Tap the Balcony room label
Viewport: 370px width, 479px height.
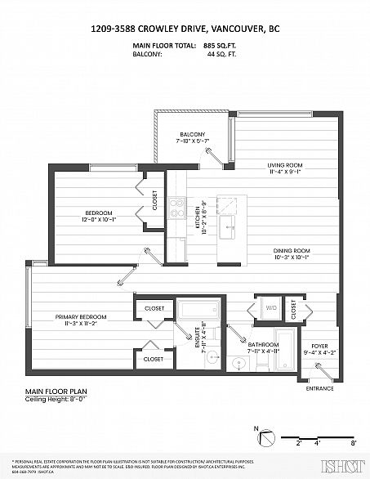pyautogui.click(x=192, y=135)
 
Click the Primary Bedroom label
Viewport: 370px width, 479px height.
pyautogui.click(x=80, y=316)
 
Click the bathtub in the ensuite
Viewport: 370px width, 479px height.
pyautogui.click(x=197, y=311)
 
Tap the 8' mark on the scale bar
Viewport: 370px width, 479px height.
pyautogui.click(x=352, y=441)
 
